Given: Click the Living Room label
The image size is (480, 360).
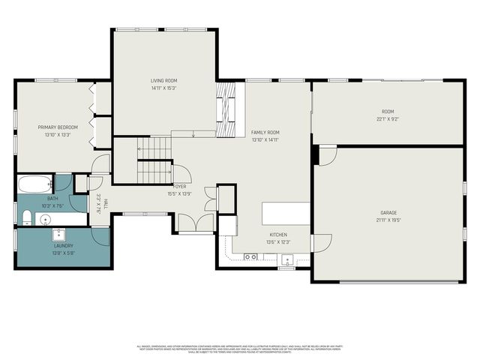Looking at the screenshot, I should click(x=164, y=80).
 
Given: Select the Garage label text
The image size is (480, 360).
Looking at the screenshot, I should click(x=388, y=212).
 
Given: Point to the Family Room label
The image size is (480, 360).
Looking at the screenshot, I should click(x=265, y=132).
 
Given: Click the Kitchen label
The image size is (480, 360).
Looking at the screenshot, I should click(x=278, y=234).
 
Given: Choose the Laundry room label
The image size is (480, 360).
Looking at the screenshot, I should click(x=63, y=246).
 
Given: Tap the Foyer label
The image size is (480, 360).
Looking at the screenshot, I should click(x=180, y=186).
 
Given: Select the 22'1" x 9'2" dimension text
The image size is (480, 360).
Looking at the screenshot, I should click(x=388, y=118).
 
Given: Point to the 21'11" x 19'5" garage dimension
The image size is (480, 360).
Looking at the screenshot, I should click(x=388, y=220).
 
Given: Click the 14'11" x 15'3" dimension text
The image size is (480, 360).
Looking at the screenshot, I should click(x=164, y=88).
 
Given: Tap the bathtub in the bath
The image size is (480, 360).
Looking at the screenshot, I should click(x=34, y=184).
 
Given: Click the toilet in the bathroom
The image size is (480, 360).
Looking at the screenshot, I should click(x=25, y=218).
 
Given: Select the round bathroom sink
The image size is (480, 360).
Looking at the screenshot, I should click(x=45, y=220).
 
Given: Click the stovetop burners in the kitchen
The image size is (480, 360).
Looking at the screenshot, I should click(x=251, y=256).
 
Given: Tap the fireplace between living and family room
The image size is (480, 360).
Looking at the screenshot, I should click(x=226, y=104).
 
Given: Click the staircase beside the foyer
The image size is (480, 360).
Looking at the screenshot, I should click(x=154, y=161).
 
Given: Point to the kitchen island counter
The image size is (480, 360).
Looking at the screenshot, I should click(x=286, y=213).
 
